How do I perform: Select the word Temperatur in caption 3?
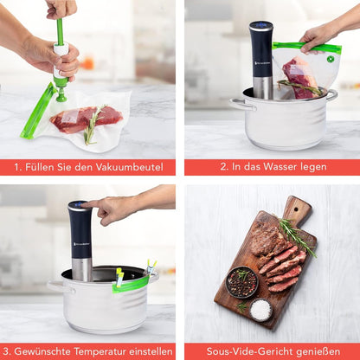pyautogui.click(x=100, y=351)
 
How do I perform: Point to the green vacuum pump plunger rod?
pyautogui.click(x=60, y=31)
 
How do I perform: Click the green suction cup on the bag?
pyautogui.click(x=61, y=95)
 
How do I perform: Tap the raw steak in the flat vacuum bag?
pyautogui.click(x=87, y=119)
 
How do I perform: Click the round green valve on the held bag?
pyautogui.click(x=330, y=59)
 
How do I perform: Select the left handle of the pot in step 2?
pyautogui.click(x=242, y=104)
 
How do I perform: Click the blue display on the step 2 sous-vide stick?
pyautogui.click(x=261, y=25)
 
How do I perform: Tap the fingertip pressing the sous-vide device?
pyautogui.click(x=83, y=205)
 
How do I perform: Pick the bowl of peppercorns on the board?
pyautogui.click(x=241, y=282)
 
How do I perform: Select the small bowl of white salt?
pyautogui.click(x=260, y=310)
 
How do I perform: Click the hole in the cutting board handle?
pyautogui.click(x=295, y=209)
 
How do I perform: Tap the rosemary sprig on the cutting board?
pyautogui.click(x=297, y=237)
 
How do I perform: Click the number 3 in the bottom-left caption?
pyautogui.click(x=7, y=352)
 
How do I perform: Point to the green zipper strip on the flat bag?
pyautogui.click(x=39, y=111)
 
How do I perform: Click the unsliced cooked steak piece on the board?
pyautogui.click(x=267, y=241)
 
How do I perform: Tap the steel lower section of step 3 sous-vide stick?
pyautogui.click(x=82, y=270)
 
